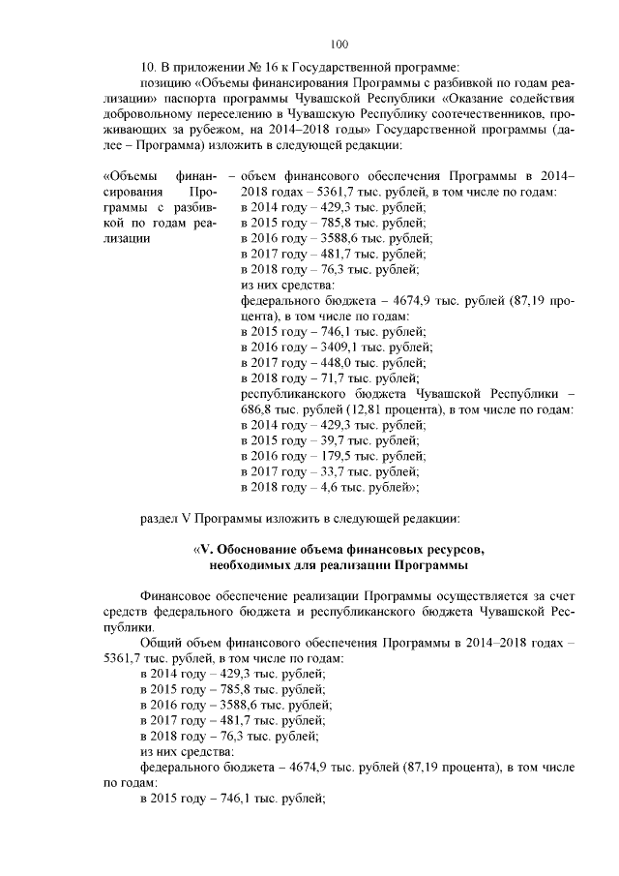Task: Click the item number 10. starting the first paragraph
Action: tap(150, 67)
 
